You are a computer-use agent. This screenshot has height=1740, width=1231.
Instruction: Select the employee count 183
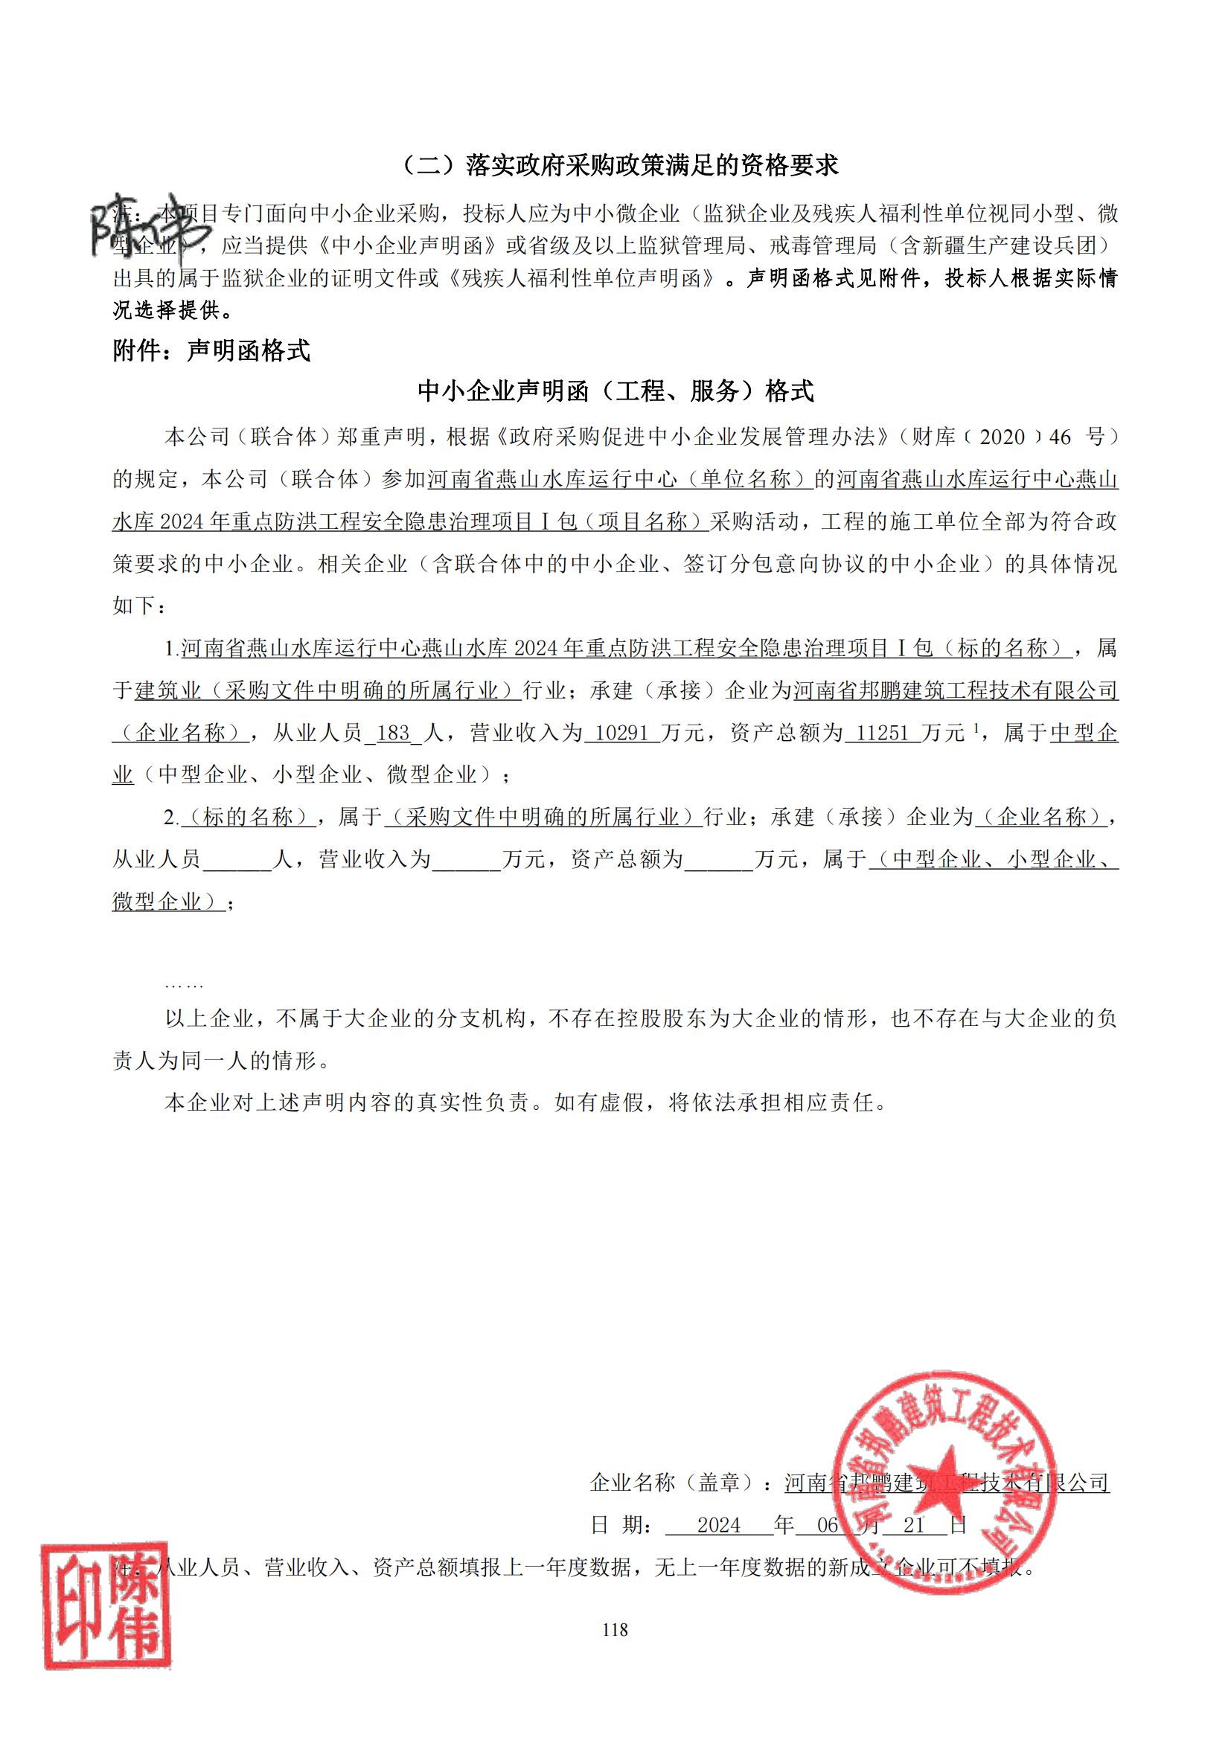(x=393, y=733)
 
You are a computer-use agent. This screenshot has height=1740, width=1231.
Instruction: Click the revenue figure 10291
(x=621, y=733)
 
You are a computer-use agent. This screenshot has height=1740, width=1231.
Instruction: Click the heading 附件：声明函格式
(x=211, y=351)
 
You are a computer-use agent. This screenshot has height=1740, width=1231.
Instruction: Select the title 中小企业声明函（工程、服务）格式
(x=615, y=391)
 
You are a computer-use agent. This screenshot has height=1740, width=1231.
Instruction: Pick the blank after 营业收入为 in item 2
(x=466, y=859)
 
